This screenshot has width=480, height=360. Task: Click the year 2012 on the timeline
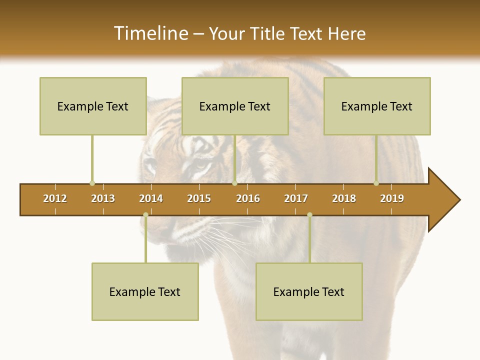tap(55, 198)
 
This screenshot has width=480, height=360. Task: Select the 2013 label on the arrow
tap(103, 198)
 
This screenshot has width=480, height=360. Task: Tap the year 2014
tap(151, 198)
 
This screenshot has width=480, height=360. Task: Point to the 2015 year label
tap(199, 198)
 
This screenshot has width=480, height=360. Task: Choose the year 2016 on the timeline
tap(248, 198)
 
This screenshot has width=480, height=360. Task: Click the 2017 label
tap(296, 198)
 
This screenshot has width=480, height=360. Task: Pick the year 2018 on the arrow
tap(344, 198)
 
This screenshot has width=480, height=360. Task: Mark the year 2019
tap(392, 198)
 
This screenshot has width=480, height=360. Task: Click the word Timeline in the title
tap(150, 33)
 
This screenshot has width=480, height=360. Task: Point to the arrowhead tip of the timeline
tap(459, 200)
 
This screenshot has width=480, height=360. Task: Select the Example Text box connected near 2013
tap(93, 106)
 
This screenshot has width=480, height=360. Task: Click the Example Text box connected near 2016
tap(235, 106)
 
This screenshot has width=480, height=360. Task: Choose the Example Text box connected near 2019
tap(377, 106)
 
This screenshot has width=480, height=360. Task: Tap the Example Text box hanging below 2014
tap(145, 291)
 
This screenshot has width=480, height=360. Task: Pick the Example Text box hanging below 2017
tap(309, 291)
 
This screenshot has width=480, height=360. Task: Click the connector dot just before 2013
tap(92, 183)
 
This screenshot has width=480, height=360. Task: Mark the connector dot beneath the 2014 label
tap(145, 215)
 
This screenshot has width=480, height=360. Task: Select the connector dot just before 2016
tap(234, 183)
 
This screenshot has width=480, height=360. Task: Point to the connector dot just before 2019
tap(376, 183)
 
